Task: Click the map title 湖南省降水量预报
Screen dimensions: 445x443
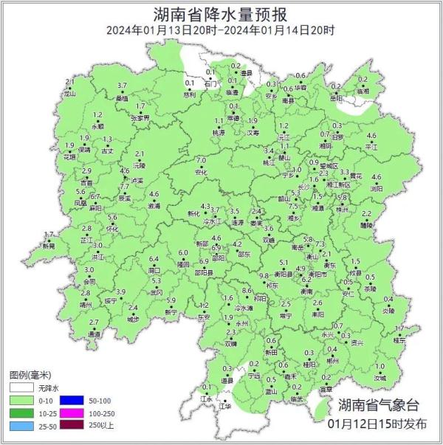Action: click(x=221, y=14)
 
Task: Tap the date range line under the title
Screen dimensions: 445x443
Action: click(x=221, y=30)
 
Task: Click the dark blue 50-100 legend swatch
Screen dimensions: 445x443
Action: click(x=75, y=400)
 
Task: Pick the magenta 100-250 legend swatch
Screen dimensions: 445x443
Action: click(x=75, y=413)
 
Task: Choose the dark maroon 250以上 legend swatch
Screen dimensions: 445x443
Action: click(x=75, y=427)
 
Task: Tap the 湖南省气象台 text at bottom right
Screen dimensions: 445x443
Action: click(x=379, y=405)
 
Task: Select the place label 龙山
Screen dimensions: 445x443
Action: click(x=70, y=94)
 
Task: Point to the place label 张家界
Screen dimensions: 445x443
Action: click(x=140, y=117)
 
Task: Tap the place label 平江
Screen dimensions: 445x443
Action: click(x=371, y=147)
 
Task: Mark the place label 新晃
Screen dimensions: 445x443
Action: click(x=49, y=246)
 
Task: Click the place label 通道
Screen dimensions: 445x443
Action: click(x=94, y=334)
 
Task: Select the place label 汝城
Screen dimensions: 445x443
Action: click(x=380, y=378)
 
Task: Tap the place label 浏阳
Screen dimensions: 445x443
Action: click(x=377, y=188)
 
